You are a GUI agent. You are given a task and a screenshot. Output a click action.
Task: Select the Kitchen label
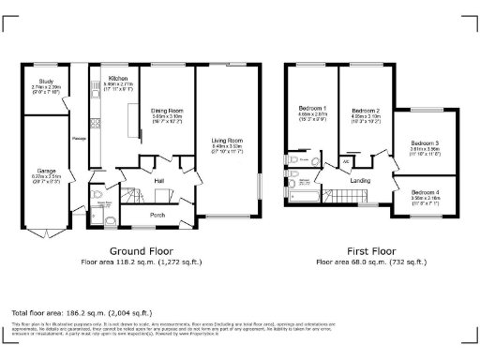pos(118,79)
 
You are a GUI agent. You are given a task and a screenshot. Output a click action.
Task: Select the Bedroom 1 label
pos(312,109)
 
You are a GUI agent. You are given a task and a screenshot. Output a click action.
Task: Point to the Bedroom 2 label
pos(365,110)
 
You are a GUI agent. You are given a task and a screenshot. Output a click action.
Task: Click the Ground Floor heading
pos(140,252)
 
